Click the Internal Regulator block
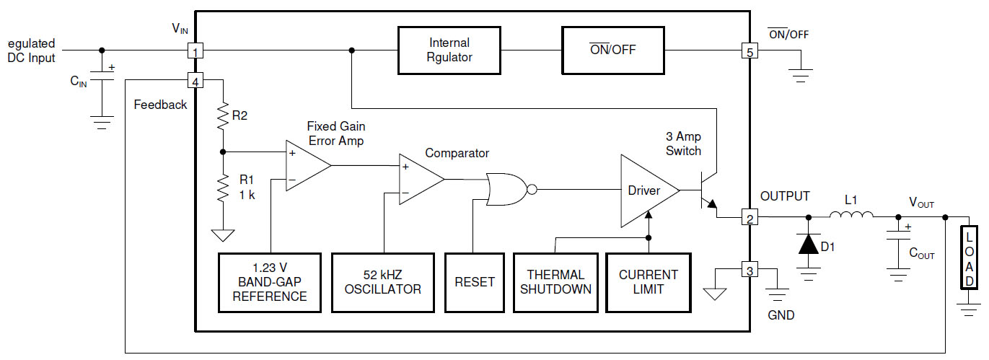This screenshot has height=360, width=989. (x=449, y=51)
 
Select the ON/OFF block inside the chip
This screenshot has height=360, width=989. (x=613, y=51)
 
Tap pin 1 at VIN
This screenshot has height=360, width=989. (x=195, y=51)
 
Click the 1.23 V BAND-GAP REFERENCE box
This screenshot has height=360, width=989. (x=270, y=282)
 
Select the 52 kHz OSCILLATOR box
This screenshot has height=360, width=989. (x=383, y=282)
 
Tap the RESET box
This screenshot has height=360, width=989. (x=474, y=282)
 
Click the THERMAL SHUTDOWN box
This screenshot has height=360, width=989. (x=555, y=282)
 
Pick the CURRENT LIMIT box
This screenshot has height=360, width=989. (x=649, y=282)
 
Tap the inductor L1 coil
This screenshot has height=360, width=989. (x=851, y=215)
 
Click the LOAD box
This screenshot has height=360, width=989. (x=970, y=258)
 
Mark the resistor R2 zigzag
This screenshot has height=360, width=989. (x=222, y=117)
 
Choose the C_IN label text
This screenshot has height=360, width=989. (x=79, y=82)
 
